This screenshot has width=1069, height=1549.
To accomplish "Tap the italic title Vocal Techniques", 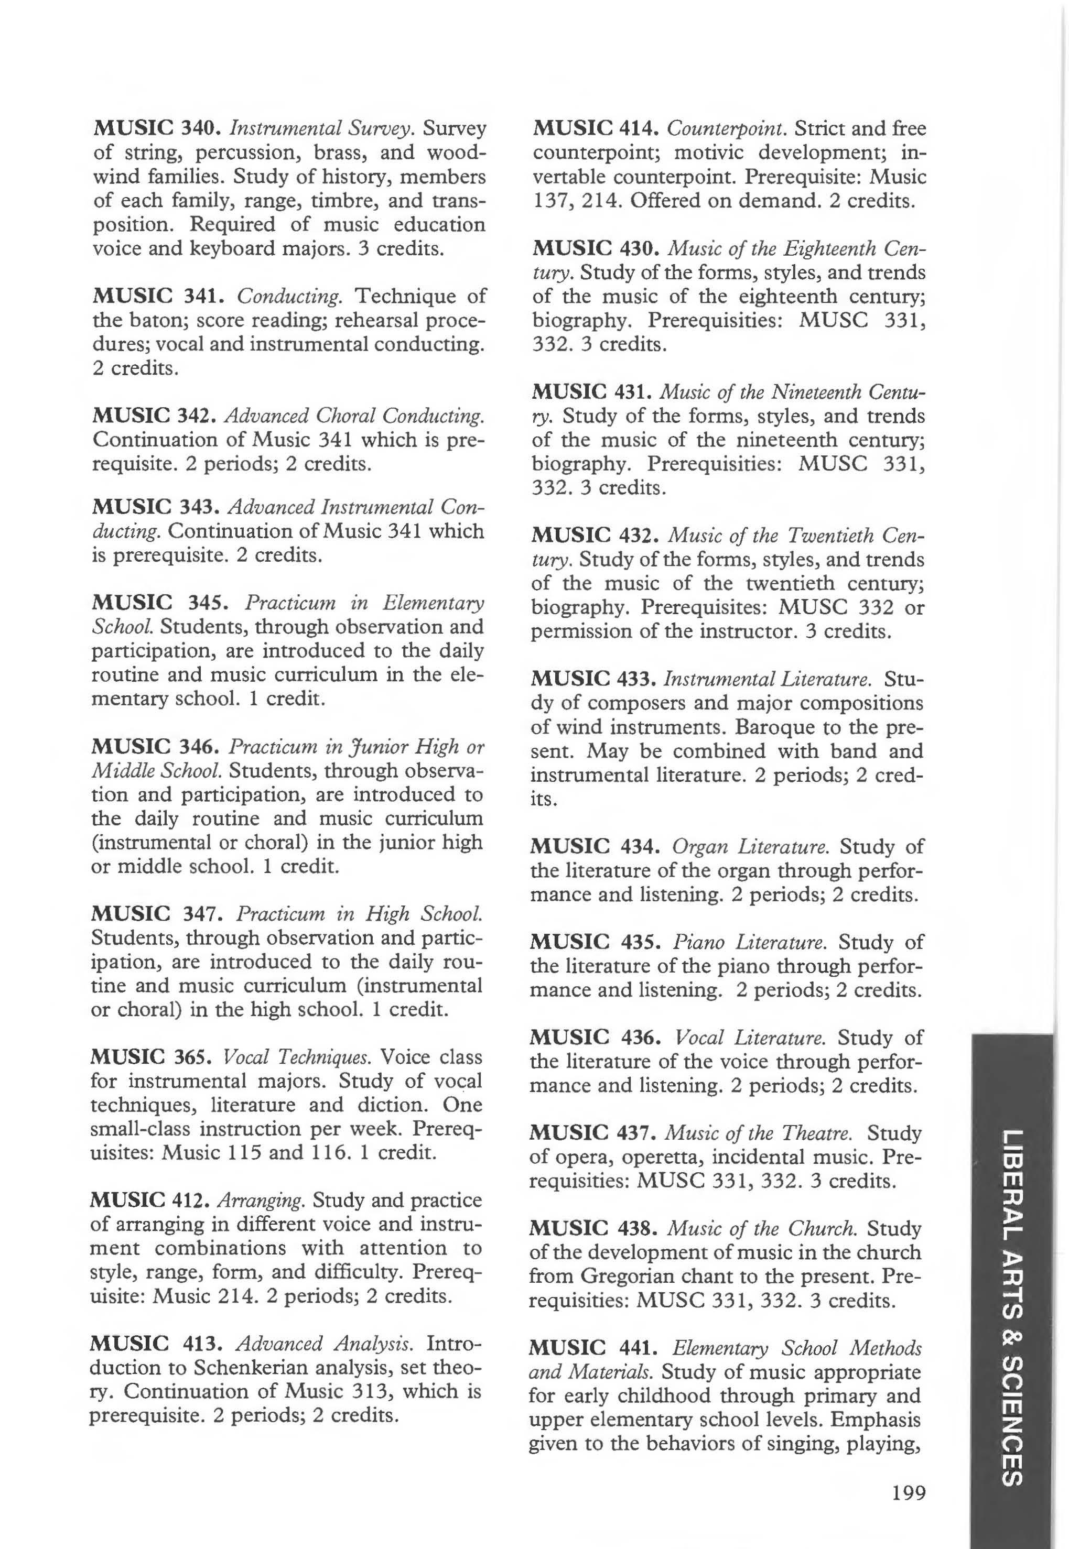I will coord(297,1057).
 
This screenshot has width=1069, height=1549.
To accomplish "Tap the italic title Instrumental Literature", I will coord(767,680).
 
